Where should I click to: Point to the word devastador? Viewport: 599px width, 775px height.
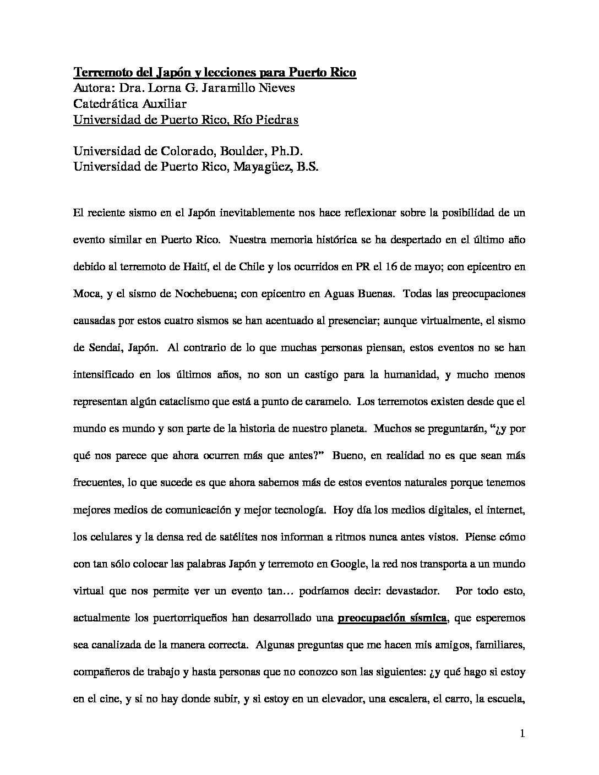point(407,591)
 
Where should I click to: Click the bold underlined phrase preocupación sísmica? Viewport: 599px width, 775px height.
point(391,618)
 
